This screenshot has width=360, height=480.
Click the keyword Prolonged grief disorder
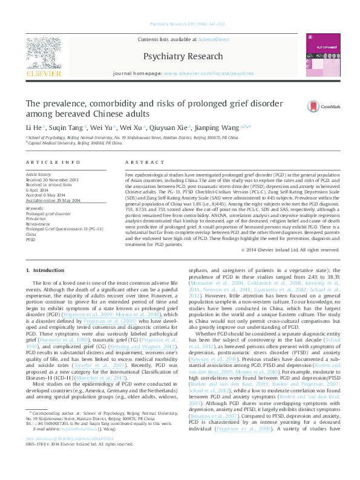(x=48, y=213)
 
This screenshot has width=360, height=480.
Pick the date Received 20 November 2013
(x=52, y=180)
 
